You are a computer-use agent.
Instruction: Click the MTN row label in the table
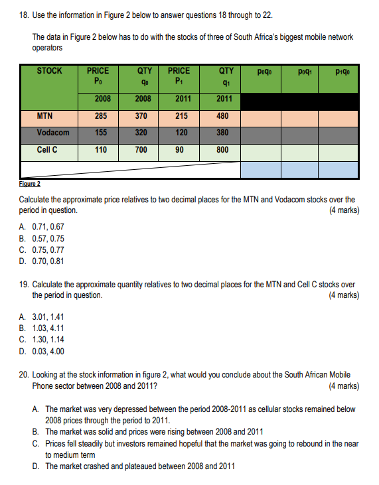tap(44, 115)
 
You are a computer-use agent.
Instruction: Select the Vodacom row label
tap(53, 132)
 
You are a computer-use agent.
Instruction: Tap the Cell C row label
tap(46, 149)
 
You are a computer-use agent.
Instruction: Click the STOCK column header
tap(50, 70)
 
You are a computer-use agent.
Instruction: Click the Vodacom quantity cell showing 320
tap(141, 132)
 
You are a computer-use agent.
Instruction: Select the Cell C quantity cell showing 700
tap(141, 149)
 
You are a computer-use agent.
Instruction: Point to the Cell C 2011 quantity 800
tap(222, 149)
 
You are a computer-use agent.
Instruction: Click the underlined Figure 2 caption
tap(30, 184)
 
